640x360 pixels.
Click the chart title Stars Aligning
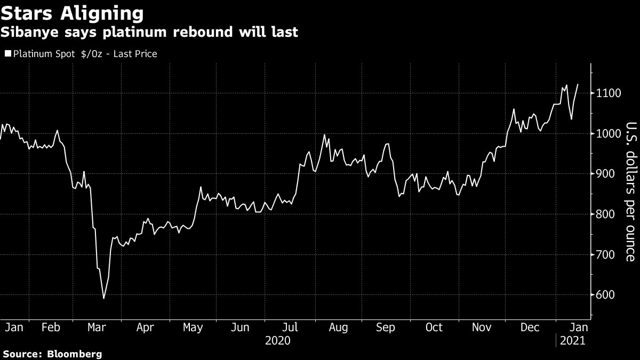pyautogui.click(x=72, y=12)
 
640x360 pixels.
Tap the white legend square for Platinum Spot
pyautogui.click(x=7, y=54)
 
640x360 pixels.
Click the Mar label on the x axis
pyautogui.click(x=97, y=327)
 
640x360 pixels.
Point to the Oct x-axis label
pyautogui.click(x=434, y=327)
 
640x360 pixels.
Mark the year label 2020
pyautogui.click(x=277, y=340)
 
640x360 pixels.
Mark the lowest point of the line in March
pyautogui.click(x=103, y=298)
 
